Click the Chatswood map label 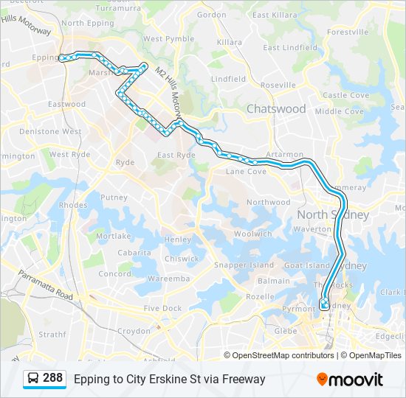275,108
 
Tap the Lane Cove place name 245,172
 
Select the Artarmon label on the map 284,154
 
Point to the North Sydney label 332,214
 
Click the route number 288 52,378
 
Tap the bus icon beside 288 33,379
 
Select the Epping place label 46,57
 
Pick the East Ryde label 176,155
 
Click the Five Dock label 162,308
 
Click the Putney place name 114,198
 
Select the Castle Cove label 345,95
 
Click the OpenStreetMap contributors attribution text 283,355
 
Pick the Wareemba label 169,279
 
